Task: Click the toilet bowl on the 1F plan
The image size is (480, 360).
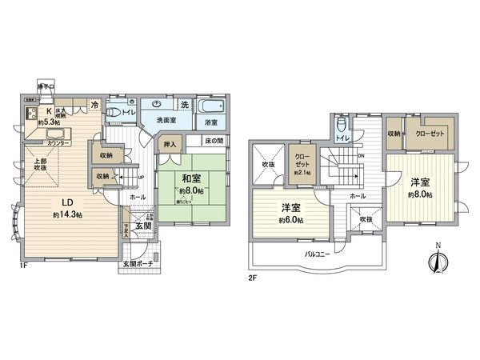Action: coord(116,112)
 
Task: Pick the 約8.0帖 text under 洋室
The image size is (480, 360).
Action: coord(418,194)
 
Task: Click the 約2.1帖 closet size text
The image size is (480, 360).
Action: coord(301,173)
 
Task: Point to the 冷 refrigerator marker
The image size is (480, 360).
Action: coord(94,106)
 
